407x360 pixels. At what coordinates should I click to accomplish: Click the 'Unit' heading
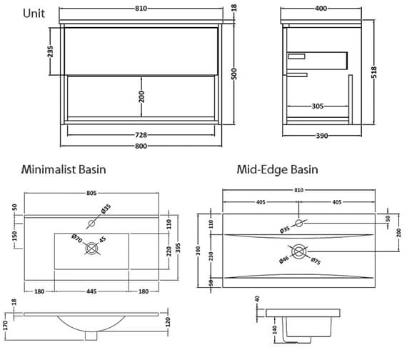[34, 14]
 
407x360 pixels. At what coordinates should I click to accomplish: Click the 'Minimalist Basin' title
[64, 169]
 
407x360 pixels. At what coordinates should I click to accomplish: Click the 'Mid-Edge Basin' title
[277, 169]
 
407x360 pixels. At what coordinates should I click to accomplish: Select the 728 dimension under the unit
[141, 135]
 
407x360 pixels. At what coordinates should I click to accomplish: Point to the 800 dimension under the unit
[141, 146]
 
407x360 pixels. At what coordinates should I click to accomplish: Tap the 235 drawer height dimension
[50, 51]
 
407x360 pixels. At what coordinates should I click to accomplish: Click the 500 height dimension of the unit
[234, 74]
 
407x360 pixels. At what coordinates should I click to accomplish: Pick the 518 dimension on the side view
[373, 72]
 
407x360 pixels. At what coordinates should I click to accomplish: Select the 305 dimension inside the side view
[318, 106]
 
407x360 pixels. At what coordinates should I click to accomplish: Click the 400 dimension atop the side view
[321, 9]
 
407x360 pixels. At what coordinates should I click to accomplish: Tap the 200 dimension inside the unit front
[141, 96]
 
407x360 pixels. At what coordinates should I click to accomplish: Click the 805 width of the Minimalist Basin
[91, 193]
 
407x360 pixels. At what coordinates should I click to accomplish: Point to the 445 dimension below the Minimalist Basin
[91, 291]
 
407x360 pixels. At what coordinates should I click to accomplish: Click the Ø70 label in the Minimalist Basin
[77, 239]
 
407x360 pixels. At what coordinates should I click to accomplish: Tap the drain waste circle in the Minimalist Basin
[91, 249]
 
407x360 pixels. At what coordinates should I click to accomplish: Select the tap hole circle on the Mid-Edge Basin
[299, 223]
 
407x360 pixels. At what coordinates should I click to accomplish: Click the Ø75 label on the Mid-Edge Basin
[316, 261]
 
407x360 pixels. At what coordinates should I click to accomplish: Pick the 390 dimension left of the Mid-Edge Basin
[199, 251]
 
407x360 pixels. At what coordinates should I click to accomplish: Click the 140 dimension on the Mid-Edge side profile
[275, 329]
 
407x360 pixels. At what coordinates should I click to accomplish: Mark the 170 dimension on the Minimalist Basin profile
[6, 326]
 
